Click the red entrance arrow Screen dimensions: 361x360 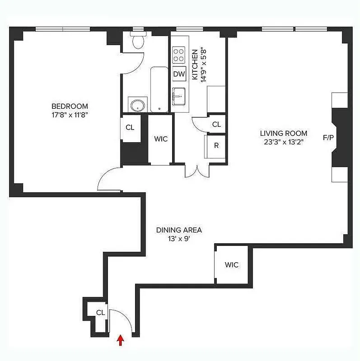pos(120,340)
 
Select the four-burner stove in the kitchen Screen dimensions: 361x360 pos(179,55)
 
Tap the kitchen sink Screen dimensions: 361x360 pos(179,96)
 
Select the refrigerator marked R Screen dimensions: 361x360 pos(215,146)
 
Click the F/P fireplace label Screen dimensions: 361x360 pos(328,137)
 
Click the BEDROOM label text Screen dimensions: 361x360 pos(69,106)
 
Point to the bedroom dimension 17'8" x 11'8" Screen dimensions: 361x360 pos(69,115)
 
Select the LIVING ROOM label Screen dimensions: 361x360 pos(283,133)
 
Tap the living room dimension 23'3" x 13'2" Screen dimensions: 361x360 pos(283,141)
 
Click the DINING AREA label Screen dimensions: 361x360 pos(179,230)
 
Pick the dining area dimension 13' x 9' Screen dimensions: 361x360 pos(179,239)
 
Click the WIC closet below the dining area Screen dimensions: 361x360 pos(231,265)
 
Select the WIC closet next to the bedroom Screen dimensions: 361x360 pos(161,139)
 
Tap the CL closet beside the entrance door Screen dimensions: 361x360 pos(100,312)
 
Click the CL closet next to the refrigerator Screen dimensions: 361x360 pos(216,125)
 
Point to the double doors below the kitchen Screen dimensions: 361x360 pos(197,171)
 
